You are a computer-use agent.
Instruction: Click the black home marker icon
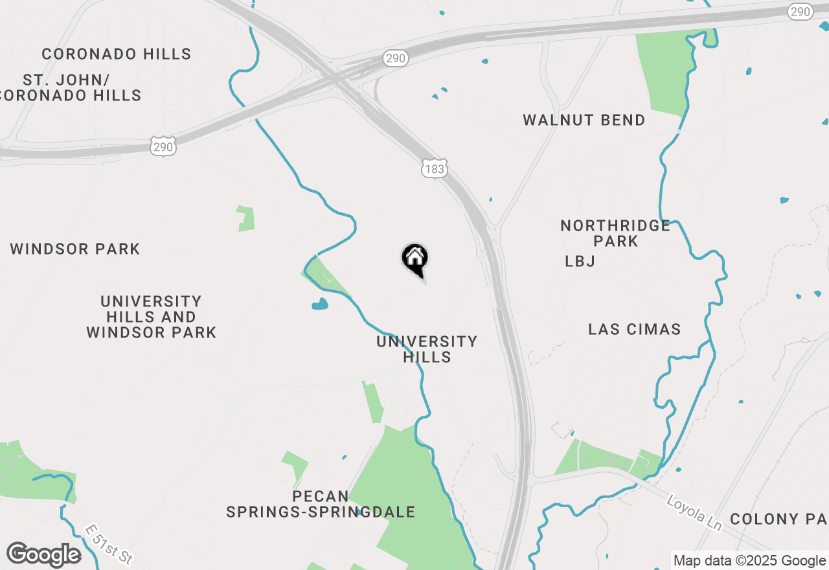[x=415, y=259]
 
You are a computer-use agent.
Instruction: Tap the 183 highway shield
[x=434, y=168]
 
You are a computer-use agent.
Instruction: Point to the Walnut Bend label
[x=584, y=120]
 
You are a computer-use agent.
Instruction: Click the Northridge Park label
[x=615, y=233]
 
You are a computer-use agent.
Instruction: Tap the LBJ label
[x=580, y=261]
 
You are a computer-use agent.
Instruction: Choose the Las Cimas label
[x=634, y=329]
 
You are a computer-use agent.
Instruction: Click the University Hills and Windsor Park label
[x=151, y=317]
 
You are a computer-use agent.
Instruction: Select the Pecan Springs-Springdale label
[x=320, y=504]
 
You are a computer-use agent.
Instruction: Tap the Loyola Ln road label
[x=694, y=513]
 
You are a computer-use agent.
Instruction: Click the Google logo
[x=43, y=554]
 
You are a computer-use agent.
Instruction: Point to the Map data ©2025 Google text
[x=749, y=560]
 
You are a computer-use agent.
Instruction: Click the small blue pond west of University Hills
[x=320, y=304]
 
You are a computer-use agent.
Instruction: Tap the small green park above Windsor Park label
[x=246, y=219]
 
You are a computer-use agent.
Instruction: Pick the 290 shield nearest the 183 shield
[x=394, y=58]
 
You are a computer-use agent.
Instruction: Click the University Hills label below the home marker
[x=427, y=349]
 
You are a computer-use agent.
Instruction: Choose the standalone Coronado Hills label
[x=117, y=54]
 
